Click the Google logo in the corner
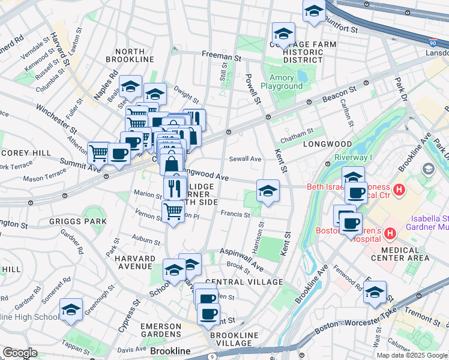pos(20,353)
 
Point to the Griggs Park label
pos(88,221)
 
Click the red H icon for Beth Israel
pos(399,191)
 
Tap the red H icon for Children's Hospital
pos(390,232)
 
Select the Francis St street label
pos(235,214)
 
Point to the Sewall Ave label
pos(245,159)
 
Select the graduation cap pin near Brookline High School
pos(71,310)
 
